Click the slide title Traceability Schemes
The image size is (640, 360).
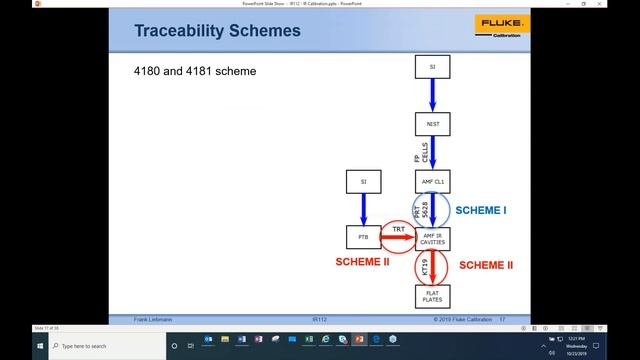217,31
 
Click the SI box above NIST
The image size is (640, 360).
432,67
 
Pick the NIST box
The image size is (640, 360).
432,124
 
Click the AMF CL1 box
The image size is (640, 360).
432,181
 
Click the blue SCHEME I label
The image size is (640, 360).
481,212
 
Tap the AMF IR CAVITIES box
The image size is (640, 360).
432,238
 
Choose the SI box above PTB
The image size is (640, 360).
362,181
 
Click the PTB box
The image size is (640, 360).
362,238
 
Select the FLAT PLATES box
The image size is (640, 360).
432,295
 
